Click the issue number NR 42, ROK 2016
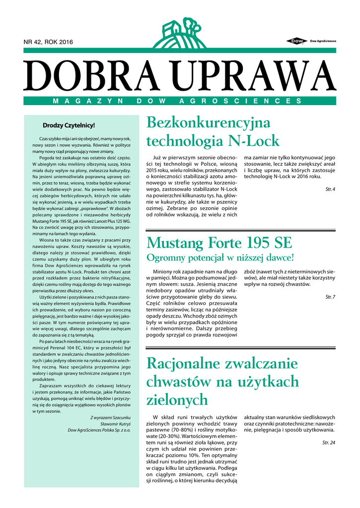pos(48,42)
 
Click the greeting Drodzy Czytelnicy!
pos(69,126)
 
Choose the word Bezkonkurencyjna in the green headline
pos(209,123)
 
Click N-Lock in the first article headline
pos(253,141)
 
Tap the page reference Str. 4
pos(330,190)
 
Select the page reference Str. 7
pos(330,297)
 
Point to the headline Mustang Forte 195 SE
pos(219,244)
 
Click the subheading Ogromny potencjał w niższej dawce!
pos(220,258)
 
